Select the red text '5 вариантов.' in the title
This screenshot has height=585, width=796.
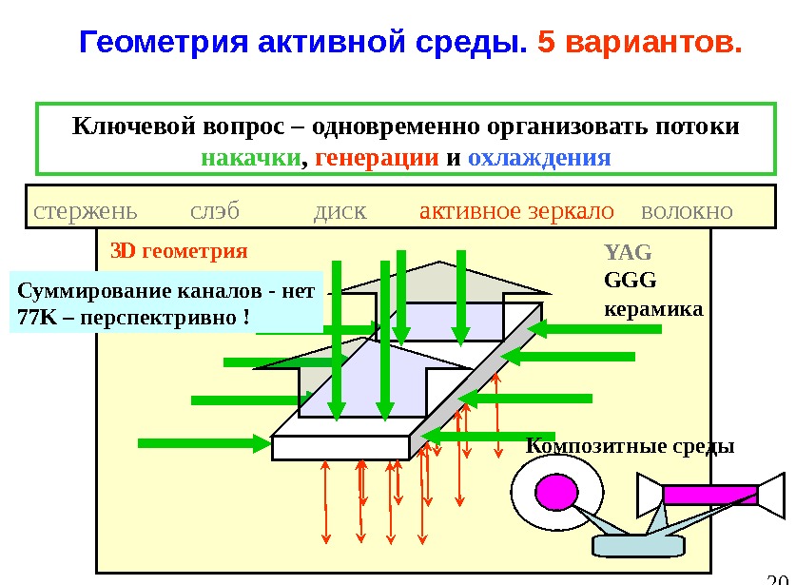point(638,44)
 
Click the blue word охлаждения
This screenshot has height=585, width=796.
point(539,157)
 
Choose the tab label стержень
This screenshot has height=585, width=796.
point(85,210)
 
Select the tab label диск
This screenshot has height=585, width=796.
point(340,210)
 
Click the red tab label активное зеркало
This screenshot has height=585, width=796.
point(516,210)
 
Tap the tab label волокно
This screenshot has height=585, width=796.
point(688,210)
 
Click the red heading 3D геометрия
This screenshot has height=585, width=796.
point(179,252)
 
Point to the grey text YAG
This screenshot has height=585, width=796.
point(628,253)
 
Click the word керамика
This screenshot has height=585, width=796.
point(653,309)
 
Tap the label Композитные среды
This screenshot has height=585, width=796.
point(631,446)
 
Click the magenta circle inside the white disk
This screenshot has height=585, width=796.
point(556,491)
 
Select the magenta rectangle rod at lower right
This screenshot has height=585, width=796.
point(709,495)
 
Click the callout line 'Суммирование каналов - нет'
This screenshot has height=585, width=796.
point(166,292)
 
